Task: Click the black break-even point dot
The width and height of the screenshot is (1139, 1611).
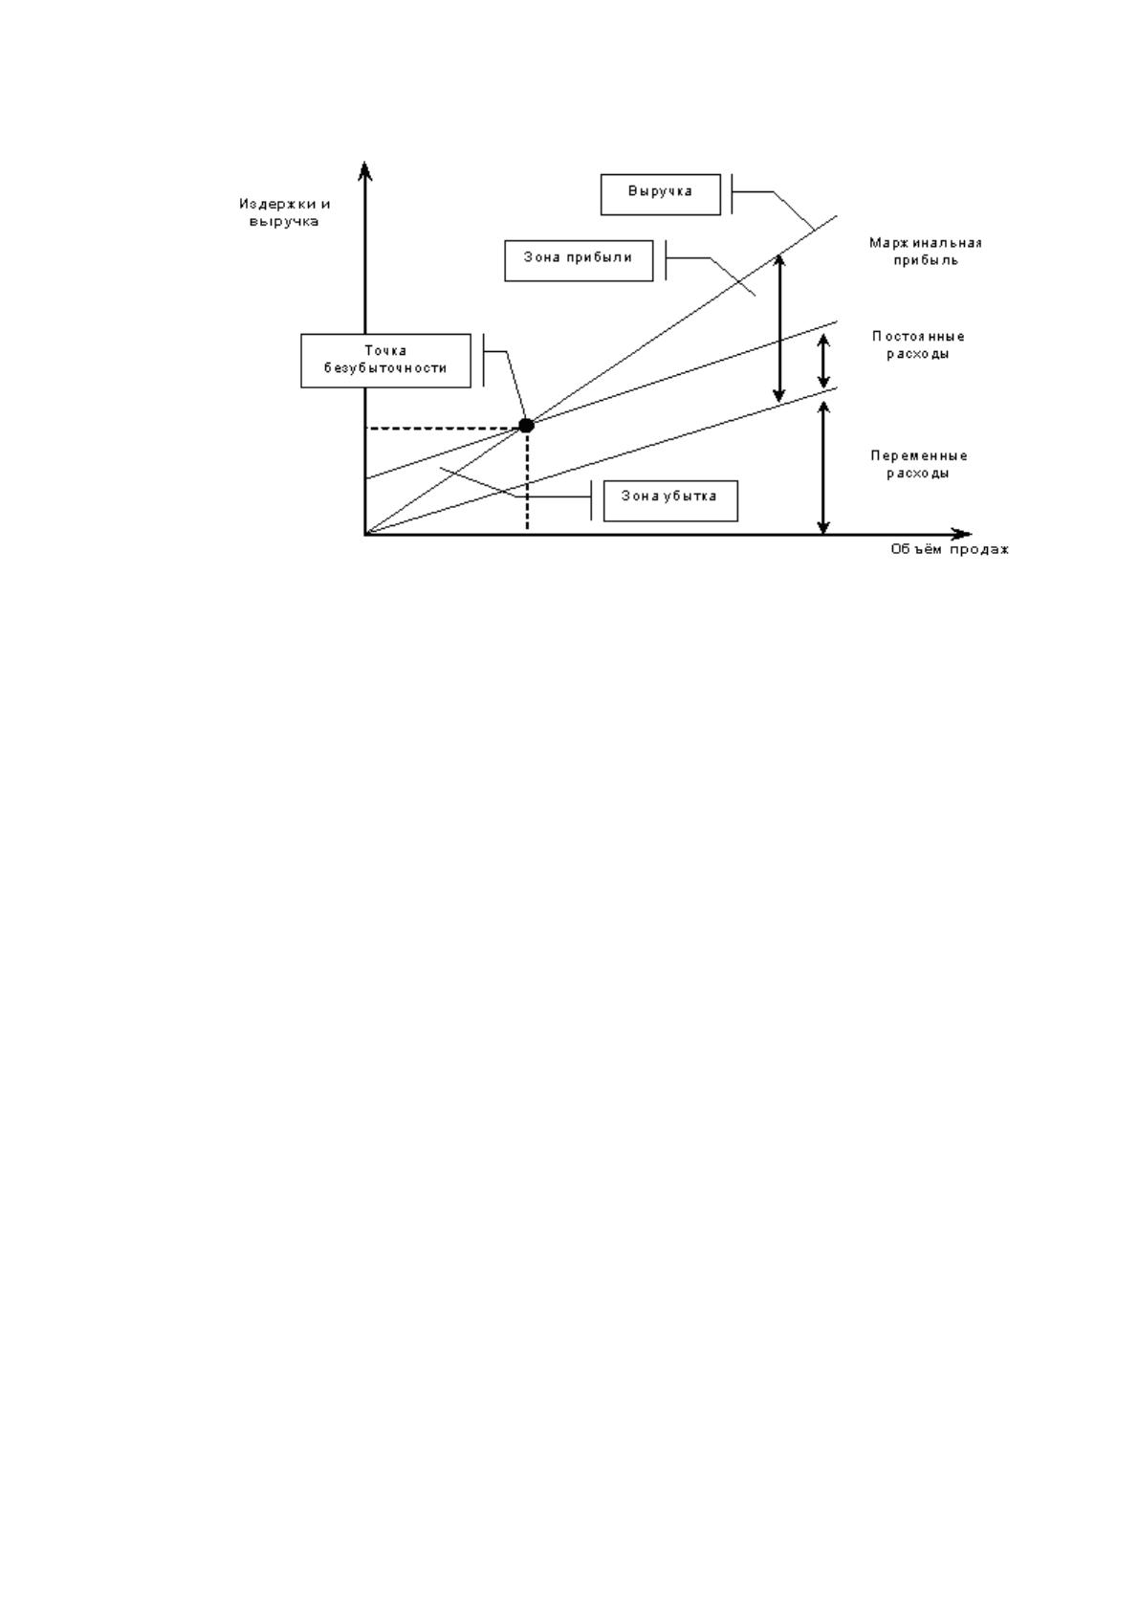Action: click(x=526, y=425)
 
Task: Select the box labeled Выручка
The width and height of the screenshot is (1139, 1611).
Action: click(x=660, y=194)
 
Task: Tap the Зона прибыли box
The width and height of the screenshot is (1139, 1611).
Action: click(x=579, y=260)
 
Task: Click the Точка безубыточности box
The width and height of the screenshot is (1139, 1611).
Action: click(x=385, y=361)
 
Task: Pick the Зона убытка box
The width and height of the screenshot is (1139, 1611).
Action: click(x=670, y=500)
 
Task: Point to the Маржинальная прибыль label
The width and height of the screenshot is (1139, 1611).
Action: click(x=926, y=252)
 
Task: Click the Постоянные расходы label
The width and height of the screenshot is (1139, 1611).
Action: click(x=918, y=345)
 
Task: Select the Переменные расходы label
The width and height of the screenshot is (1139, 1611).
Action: click(x=919, y=465)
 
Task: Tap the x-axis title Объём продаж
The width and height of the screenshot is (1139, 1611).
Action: click(x=949, y=549)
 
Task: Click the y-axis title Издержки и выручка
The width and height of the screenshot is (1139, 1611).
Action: click(x=285, y=213)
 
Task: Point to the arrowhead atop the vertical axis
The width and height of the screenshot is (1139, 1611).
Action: click(x=365, y=169)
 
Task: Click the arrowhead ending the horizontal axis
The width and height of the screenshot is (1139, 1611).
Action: click(x=962, y=535)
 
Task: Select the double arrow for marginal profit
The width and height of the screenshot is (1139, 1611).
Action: click(x=778, y=328)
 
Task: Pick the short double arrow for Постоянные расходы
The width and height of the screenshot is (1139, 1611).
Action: click(x=824, y=362)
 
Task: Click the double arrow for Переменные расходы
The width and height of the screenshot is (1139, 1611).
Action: click(x=824, y=468)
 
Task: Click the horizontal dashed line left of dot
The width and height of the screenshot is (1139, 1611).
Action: click(x=442, y=429)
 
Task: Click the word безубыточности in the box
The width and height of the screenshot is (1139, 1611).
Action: click(x=385, y=368)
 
